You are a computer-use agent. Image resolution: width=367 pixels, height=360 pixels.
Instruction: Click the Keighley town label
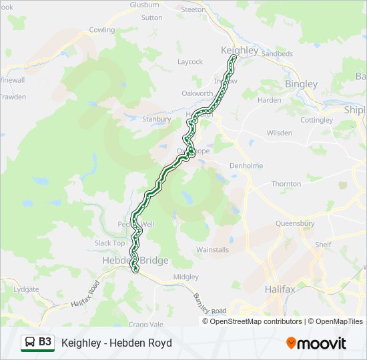[x=240, y=51]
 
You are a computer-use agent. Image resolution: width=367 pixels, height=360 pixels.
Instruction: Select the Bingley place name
[x=301, y=85]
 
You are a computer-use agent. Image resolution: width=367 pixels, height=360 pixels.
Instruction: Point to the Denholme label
[x=246, y=165]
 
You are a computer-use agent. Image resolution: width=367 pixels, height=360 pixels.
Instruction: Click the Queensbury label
[x=294, y=225]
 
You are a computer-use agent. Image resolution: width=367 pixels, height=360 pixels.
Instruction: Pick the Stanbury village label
[x=157, y=119]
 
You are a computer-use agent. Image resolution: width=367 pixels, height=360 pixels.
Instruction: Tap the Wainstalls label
[x=213, y=250]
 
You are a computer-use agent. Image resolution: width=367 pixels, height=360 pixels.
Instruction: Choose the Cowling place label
[x=102, y=30]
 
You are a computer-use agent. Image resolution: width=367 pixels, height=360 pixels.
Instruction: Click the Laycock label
[x=190, y=62]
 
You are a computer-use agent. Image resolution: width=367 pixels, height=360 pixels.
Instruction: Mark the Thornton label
[x=286, y=184]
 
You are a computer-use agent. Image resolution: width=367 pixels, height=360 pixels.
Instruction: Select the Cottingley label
[x=316, y=120]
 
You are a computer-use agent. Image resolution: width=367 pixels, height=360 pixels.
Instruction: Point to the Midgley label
[x=186, y=277]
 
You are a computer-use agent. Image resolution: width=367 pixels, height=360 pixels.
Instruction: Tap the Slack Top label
[x=109, y=243]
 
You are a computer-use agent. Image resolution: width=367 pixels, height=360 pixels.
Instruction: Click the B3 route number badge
[x=45, y=342]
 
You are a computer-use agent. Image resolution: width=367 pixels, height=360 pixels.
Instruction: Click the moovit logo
[x=316, y=343]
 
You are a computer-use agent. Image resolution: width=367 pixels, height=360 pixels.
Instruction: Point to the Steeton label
[x=194, y=9]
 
